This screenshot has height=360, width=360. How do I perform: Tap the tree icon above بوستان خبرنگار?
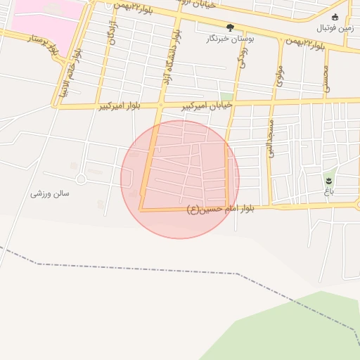point(230,28)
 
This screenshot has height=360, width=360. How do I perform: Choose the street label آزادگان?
point(112,31)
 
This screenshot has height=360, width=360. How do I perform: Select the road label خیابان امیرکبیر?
point(207,105)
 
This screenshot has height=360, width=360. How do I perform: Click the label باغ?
point(328,191)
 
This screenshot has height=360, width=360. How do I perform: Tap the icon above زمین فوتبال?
point(335,17)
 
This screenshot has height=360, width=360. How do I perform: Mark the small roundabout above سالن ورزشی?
point(81,179)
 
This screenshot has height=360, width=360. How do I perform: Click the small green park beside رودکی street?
point(226,96)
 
